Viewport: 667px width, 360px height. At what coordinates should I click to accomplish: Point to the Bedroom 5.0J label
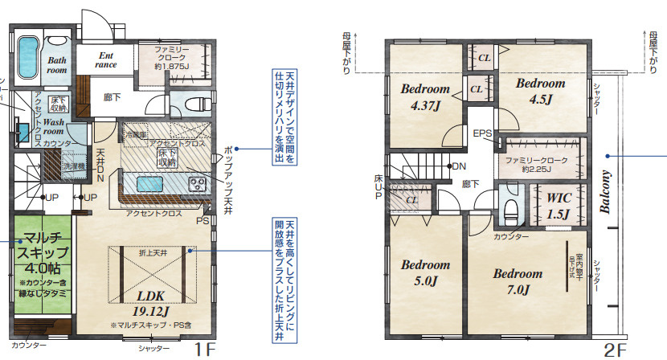425,272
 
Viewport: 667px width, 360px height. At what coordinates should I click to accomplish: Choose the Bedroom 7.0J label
518,280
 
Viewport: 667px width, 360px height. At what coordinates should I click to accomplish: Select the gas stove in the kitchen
198,185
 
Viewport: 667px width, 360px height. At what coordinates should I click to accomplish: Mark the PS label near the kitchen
203,219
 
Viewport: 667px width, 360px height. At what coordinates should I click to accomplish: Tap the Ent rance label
107,60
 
